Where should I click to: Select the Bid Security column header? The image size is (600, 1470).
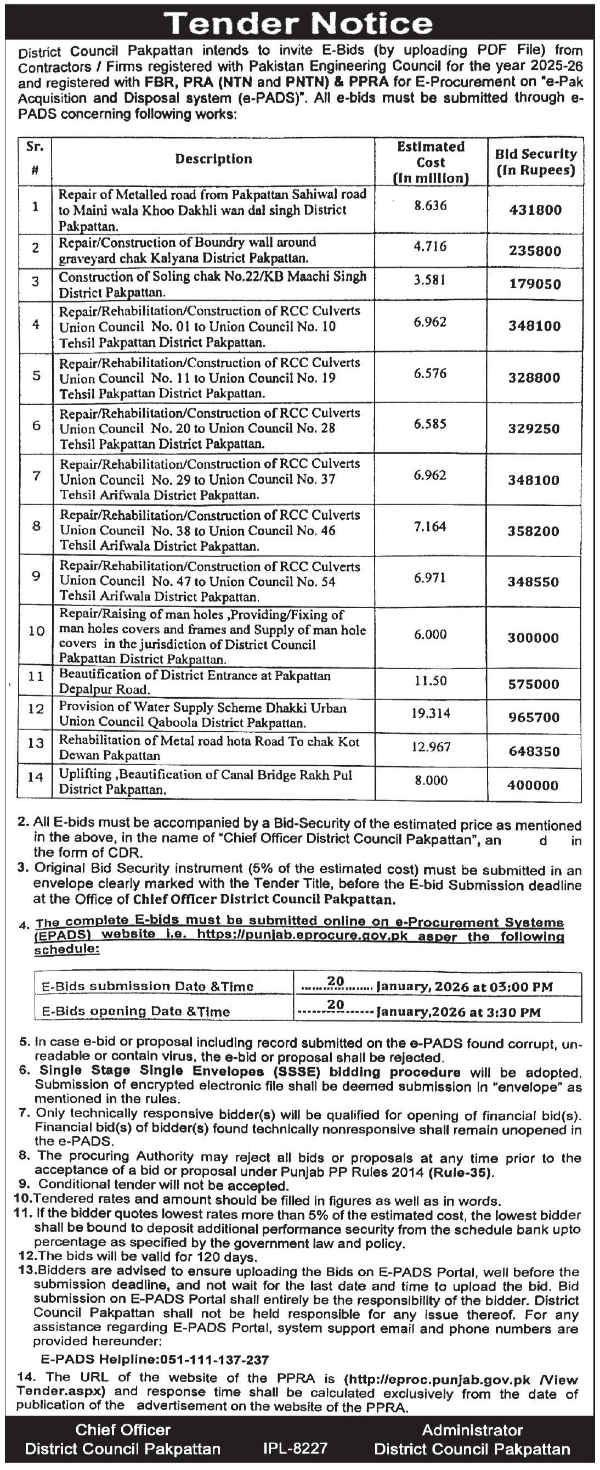tap(535, 161)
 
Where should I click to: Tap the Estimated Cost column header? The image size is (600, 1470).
tap(431, 162)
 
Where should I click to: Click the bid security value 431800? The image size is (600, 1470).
tap(535, 210)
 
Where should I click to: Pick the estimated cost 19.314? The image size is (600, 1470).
tap(431, 713)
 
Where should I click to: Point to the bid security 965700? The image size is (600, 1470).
tap(534, 717)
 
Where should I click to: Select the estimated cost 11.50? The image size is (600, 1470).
tap(431, 681)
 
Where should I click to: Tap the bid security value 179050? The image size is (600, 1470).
tap(535, 284)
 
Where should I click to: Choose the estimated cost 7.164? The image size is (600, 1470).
tap(431, 526)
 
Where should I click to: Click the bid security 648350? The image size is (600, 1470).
tap(534, 751)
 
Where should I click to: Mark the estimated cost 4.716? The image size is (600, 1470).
tap(431, 246)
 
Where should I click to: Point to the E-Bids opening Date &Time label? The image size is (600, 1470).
tap(136, 1012)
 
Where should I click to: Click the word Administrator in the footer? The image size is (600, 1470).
tap(472, 1429)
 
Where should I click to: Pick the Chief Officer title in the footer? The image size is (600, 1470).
tap(123, 1429)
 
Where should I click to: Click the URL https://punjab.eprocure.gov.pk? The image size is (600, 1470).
tap(324, 936)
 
